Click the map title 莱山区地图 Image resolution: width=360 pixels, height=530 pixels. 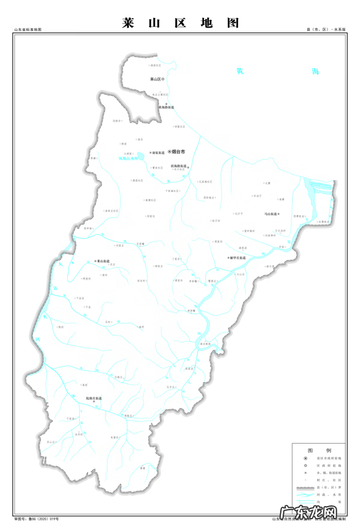coord(180,23)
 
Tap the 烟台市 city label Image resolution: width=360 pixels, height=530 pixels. coord(179,152)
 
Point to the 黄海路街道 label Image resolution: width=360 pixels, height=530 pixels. coord(167,107)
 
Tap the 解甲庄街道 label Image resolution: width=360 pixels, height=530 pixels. coord(239,257)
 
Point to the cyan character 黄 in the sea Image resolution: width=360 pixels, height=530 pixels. coord(240,71)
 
